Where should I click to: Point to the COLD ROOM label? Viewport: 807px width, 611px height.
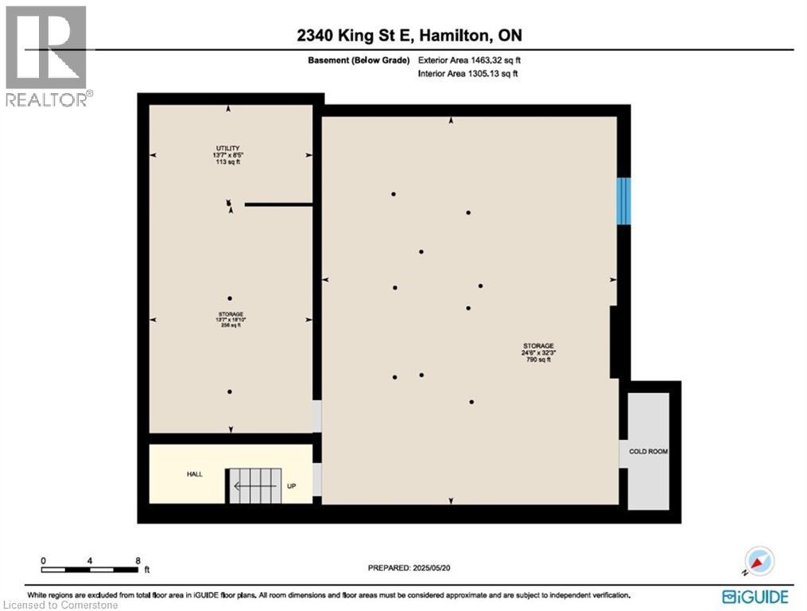(648, 451)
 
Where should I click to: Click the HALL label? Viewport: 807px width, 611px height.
(195, 474)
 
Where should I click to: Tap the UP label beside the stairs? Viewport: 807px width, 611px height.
(292, 486)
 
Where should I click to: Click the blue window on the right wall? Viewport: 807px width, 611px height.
(624, 200)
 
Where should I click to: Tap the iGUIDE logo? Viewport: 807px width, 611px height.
(755, 596)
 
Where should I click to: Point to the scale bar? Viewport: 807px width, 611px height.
(91, 569)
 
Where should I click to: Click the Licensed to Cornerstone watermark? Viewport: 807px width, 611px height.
(60, 605)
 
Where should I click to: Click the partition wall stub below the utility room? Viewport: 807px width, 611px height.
(277, 204)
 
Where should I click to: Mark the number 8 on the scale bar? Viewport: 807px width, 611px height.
(138, 559)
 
